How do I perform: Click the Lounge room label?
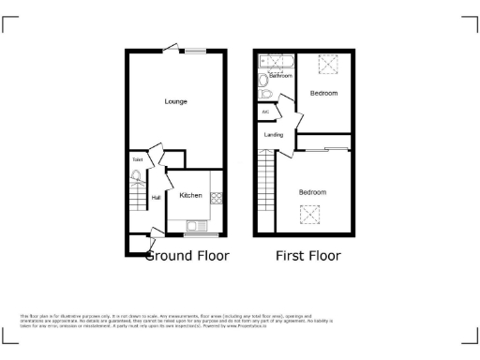point(175,101)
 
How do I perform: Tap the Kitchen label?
point(191,195)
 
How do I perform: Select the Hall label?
point(156,197)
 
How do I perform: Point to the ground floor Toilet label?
point(137,160)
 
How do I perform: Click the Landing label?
point(274,136)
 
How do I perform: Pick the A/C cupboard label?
point(265,112)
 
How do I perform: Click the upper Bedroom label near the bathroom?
point(324,94)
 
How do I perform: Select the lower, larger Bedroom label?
point(312,192)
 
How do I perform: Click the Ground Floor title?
point(186,255)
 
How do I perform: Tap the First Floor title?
point(307,255)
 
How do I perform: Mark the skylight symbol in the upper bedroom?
point(329,66)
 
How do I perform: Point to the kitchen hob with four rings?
point(217,198)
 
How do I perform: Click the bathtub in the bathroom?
point(277,63)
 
